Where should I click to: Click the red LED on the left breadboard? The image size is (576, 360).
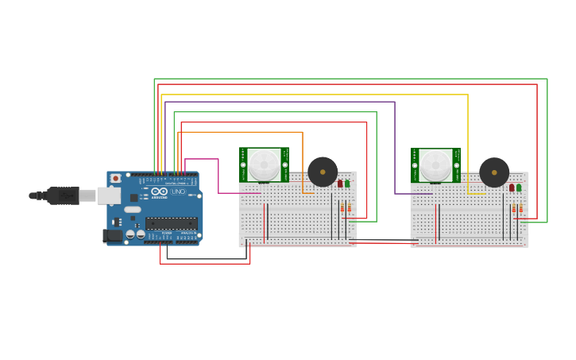click(340, 184)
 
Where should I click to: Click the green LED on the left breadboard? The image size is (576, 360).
click(347, 184)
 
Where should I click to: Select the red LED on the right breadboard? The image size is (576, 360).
click(512, 188)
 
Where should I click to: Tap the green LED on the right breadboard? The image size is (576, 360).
click(519, 188)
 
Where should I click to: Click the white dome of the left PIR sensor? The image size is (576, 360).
click(264, 165)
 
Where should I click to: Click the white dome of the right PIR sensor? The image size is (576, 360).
click(435, 165)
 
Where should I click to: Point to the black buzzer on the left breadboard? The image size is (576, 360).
click(323, 172)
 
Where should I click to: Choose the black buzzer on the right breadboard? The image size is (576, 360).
click(494, 172)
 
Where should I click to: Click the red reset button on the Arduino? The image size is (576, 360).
click(115, 178)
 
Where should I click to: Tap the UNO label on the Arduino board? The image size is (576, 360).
click(179, 192)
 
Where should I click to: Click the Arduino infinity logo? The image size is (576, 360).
click(160, 192)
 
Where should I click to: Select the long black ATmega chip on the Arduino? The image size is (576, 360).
click(171, 223)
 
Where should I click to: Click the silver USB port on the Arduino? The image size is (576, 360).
click(108, 195)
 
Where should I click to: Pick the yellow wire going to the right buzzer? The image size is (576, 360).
click(468, 143)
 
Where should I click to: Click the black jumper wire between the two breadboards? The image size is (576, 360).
click(383, 239)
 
